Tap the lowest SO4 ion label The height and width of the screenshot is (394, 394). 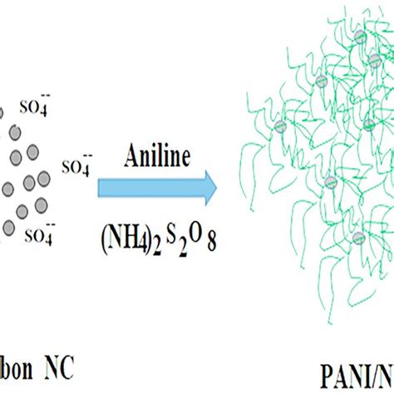tap(39, 235)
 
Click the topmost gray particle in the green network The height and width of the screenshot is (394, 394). tap(359, 37)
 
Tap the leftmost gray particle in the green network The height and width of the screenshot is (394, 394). tap(279, 126)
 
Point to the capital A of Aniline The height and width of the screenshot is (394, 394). tap(131, 155)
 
